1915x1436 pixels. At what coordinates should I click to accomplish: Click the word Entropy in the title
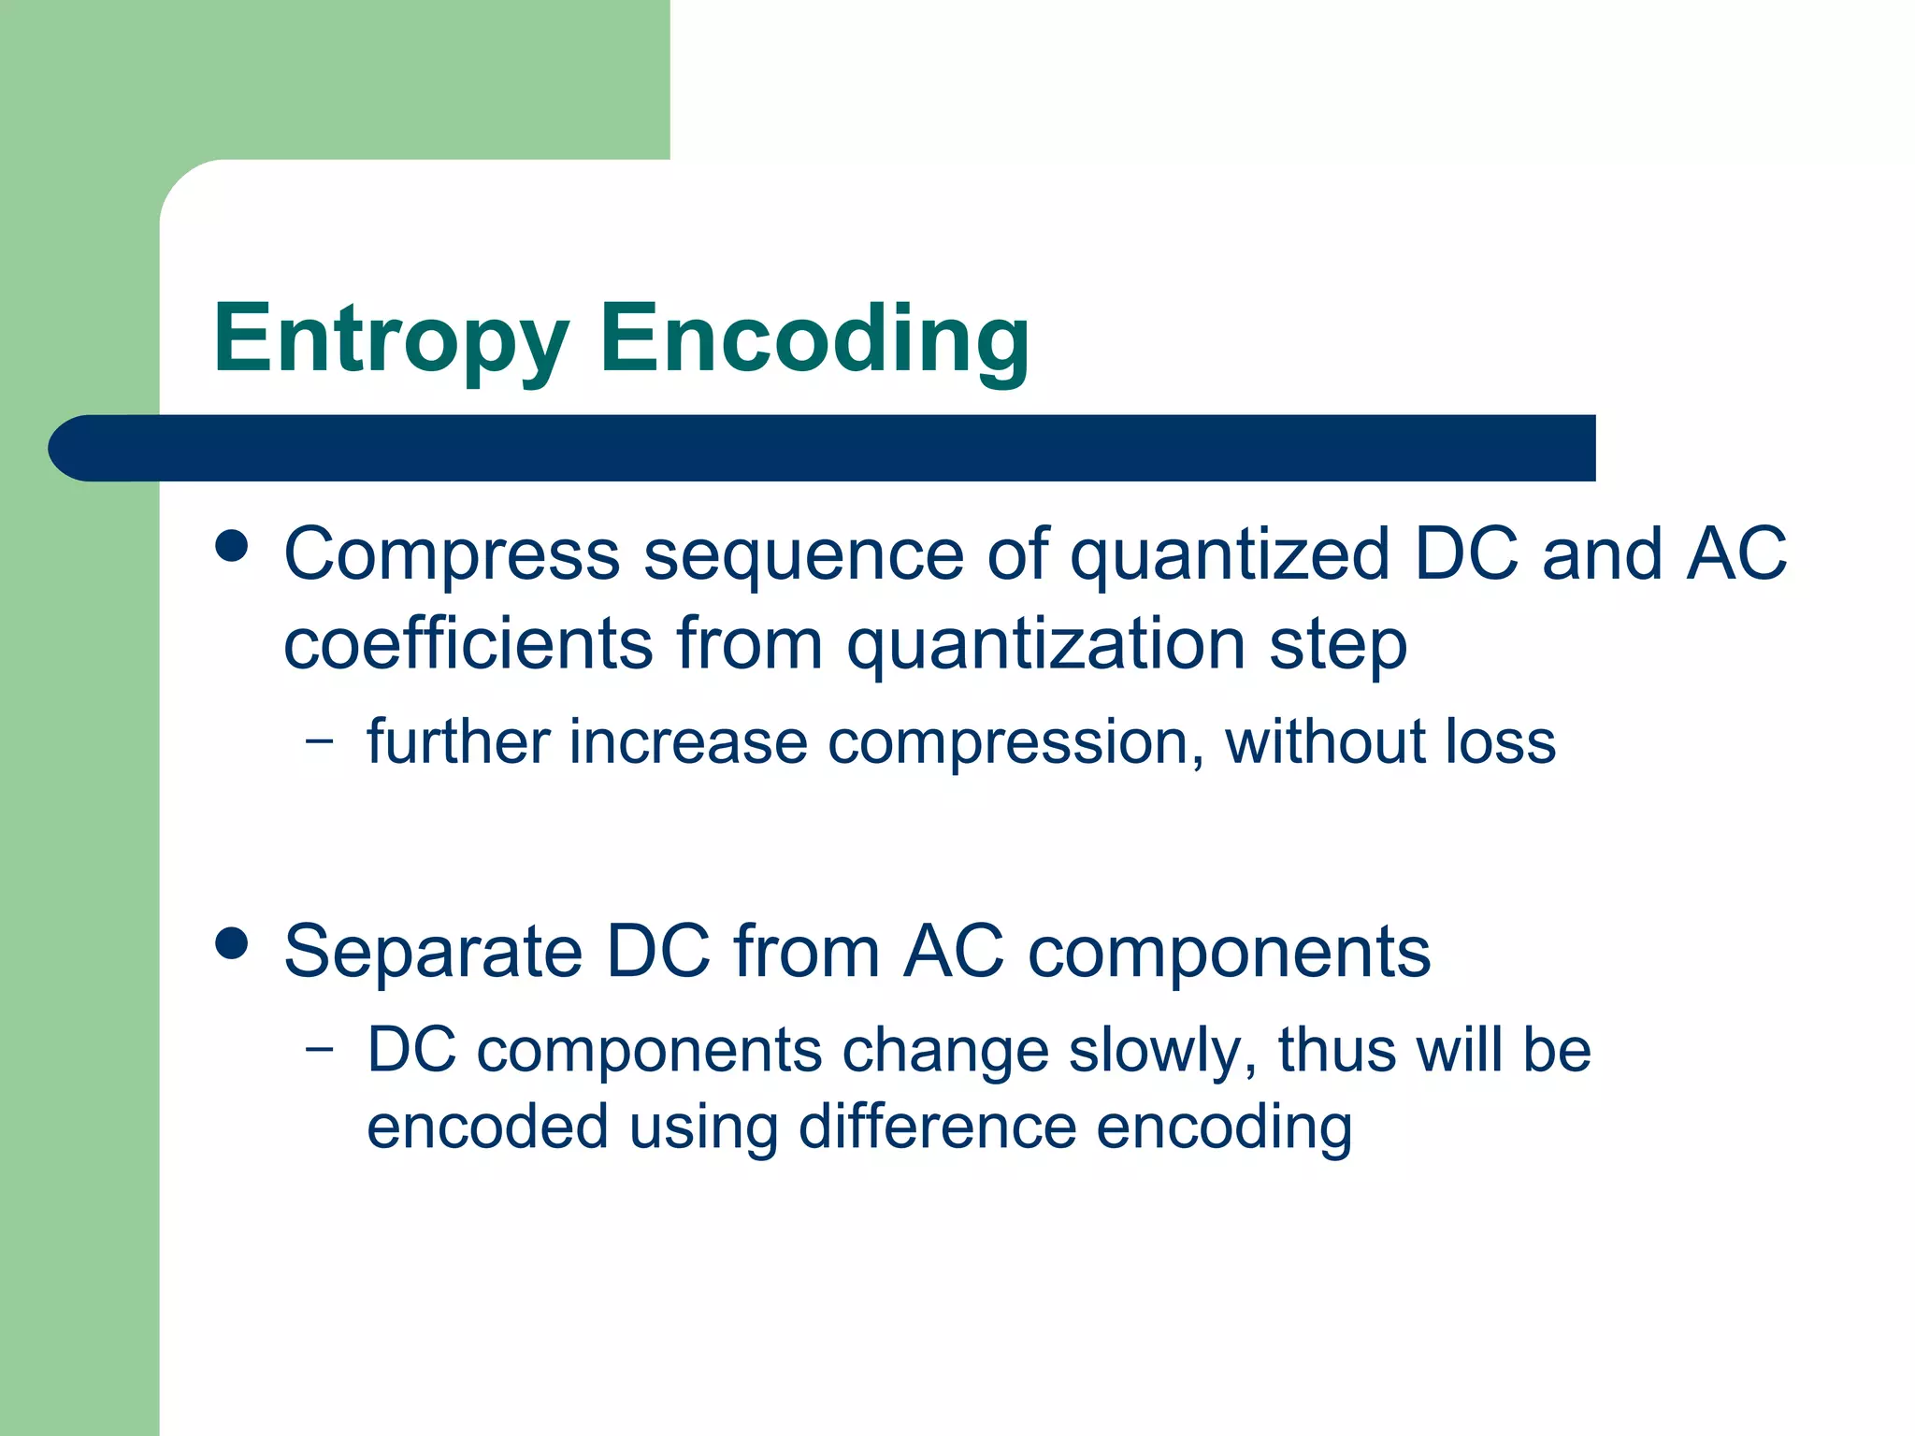coord(391,338)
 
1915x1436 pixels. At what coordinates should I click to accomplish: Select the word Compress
coord(452,555)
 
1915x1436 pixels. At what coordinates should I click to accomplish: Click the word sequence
coord(804,555)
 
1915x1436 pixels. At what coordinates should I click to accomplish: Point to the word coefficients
coord(468,645)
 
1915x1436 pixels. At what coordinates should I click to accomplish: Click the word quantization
coord(1045,645)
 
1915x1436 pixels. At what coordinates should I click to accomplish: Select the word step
coord(1337,645)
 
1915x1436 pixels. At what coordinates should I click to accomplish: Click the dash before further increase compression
coord(320,741)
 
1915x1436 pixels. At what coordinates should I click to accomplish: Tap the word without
coord(1324,741)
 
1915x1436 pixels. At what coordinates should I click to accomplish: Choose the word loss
coord(1500,741)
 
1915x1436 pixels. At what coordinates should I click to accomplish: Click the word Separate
coord(434,953)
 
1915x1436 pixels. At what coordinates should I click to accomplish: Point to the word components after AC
coord(1229,953)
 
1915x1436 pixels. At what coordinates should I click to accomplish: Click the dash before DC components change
coord(320,1049)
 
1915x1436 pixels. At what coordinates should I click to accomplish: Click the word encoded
coord(487,1127)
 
